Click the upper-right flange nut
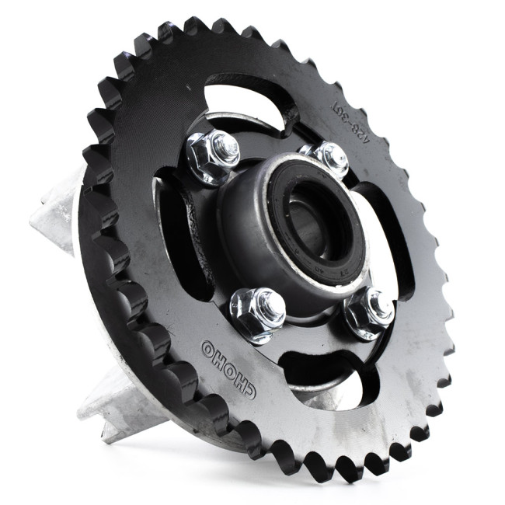coord(327,158)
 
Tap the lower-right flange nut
coord(370,312)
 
